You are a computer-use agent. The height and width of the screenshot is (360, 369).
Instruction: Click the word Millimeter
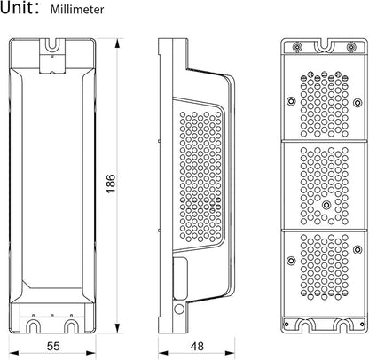point(77,9)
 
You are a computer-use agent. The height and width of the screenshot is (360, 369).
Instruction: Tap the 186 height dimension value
point(111,184)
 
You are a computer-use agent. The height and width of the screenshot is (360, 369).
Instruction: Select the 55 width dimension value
point(53,346)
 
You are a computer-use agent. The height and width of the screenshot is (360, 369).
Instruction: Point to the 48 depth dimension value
point(197,346)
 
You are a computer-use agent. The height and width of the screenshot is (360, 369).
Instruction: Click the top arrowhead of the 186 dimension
point(117,43)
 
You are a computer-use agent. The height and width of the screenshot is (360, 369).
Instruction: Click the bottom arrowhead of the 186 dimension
point(117,328)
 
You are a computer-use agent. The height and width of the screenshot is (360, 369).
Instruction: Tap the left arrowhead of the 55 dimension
point(13,353)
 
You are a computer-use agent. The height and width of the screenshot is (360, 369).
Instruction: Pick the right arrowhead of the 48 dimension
point(230,353)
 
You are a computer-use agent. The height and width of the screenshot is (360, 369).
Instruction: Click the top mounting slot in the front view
point(52,44)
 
